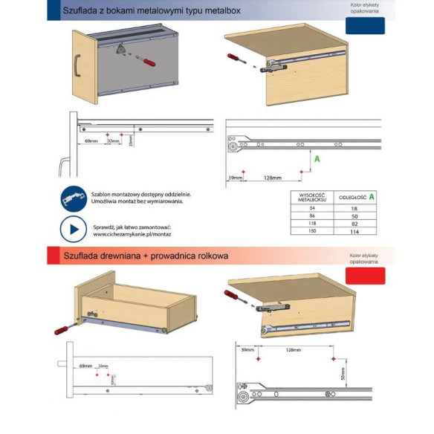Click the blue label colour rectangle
point(366,25)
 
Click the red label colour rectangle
point(366,276)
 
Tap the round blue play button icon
point(73,230)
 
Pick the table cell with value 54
point(311,210)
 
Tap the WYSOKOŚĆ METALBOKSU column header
point(311,198)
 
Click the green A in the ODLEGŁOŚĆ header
point(372,197)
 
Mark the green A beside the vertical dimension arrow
point(317,159)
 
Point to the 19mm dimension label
point(236,178)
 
